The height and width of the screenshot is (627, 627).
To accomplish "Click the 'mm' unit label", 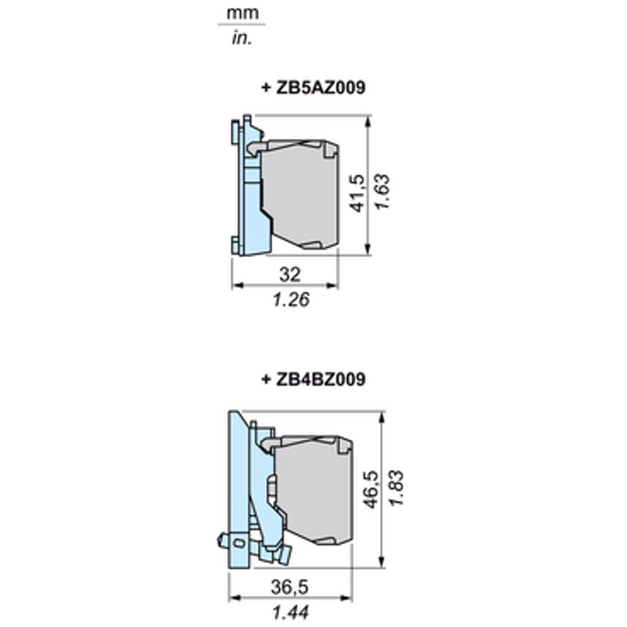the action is [x=243, y=14].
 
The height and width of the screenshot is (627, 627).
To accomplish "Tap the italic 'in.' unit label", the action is [x=242, y=39].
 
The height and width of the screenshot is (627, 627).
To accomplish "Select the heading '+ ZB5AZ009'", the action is [x=313, y=88].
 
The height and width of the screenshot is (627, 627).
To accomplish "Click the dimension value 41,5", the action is [x=357, y=193].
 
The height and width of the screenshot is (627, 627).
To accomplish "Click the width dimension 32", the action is [x=289, y=274].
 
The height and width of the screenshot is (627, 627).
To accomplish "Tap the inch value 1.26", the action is [x=291, y=299].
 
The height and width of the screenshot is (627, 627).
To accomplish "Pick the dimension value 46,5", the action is [x=371, y=489].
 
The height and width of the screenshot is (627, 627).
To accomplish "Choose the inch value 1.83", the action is [x=396, y=487].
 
